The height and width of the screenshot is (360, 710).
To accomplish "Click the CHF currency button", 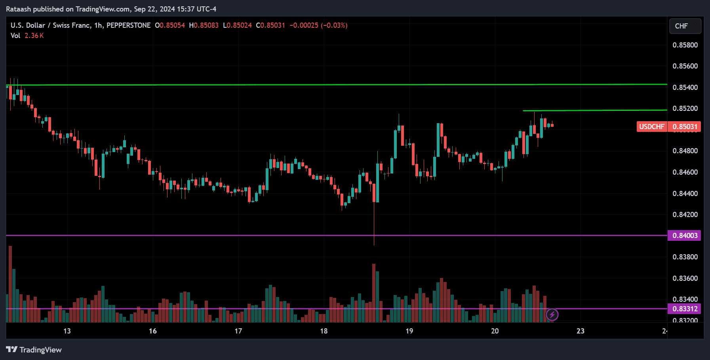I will pos(685,26).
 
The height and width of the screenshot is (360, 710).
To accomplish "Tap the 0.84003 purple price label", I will pos(685,236).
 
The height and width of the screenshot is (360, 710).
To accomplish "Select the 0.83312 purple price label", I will pos(685,309).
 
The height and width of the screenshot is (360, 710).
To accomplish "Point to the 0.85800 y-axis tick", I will pos(685,45).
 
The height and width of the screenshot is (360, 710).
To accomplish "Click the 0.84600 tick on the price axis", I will pos(685,172).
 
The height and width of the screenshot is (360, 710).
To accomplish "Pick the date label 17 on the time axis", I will pos(238,331).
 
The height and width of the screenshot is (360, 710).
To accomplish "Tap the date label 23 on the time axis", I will pos(580,331).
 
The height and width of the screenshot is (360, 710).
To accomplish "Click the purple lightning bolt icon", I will pos(552,315).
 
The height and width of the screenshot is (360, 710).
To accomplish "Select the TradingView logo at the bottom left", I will pos(34,350).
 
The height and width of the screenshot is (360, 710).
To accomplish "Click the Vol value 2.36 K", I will pos(34,36).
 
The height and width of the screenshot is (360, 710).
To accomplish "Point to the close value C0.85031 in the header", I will pos(270,25).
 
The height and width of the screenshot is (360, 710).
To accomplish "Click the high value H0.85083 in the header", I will pos(204,25).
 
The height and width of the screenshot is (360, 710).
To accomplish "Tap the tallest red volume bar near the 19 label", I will pos(374,293).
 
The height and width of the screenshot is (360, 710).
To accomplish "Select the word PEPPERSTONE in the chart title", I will pos(128,25).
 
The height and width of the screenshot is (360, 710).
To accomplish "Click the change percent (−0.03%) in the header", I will pos(334,25).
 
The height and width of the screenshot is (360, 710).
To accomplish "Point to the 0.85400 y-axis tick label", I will pos(685,88).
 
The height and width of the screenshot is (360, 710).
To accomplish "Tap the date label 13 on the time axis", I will pos(67,331).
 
